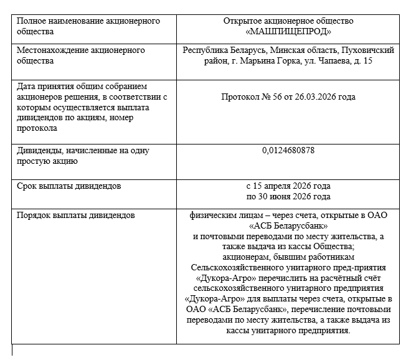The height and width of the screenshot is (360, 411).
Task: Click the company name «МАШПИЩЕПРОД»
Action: point(288,31)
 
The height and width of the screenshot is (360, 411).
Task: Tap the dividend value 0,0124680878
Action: point(288,150)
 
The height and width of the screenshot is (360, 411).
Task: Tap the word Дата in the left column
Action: point(27,86)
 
